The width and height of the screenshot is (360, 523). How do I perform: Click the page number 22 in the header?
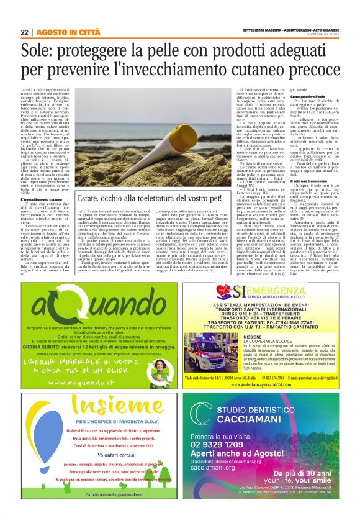click(x=25, y=32)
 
